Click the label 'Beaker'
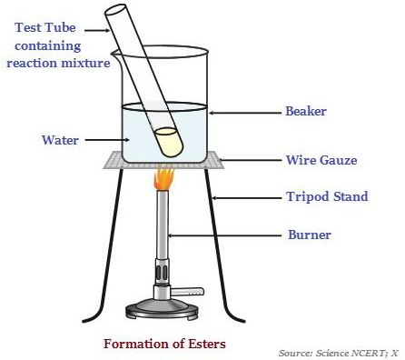(305, 112)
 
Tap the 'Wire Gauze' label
(315, 161)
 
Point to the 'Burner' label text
(309, 235)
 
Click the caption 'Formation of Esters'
(163, 344)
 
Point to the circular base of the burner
(164, 308)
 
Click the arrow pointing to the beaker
(245, 113)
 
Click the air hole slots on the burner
(163, 270)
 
